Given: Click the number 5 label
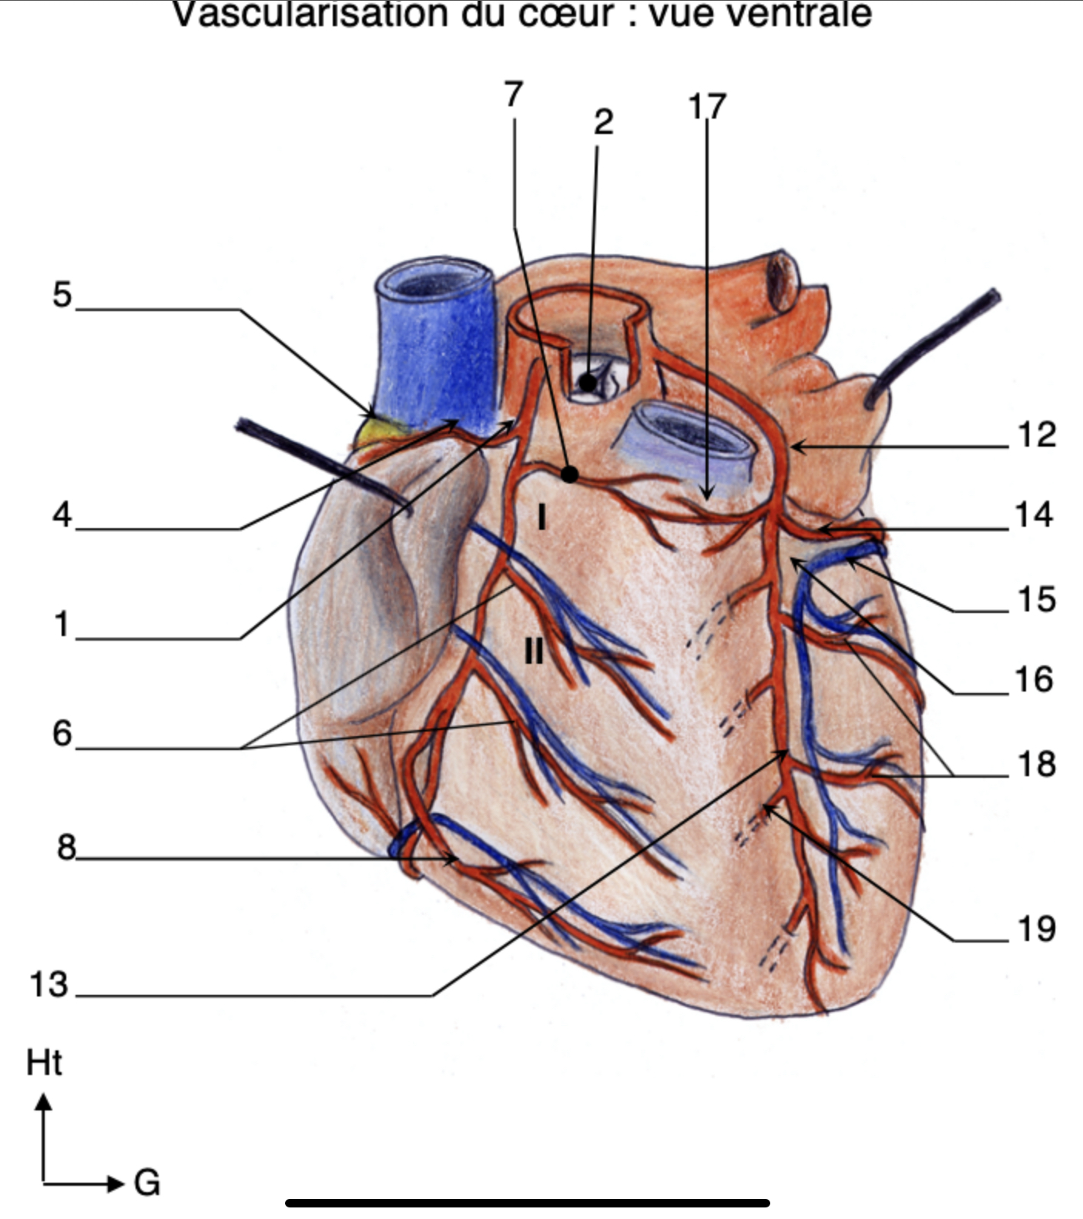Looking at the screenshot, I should point(62,295).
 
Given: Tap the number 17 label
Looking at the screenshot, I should point(706,107).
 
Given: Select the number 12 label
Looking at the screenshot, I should point(1036,435).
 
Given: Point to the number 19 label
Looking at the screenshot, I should point(1036,929).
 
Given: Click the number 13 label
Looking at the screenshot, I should point(49,985).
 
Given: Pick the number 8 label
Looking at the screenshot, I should point(66,848).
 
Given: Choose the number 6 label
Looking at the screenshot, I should point(62,733).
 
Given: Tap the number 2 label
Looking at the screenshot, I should point(603,122).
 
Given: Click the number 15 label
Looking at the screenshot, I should point(1036,600).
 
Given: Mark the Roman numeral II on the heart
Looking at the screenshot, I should point(533,651).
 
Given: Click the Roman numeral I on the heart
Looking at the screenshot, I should point(542,517).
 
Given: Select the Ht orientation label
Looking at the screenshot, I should point(44,1063).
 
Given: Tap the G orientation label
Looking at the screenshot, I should point(146,1182).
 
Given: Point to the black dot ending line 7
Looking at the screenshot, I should point(569,474).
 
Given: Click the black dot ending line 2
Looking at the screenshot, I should point(588,381).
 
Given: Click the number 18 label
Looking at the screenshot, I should point(1036,765).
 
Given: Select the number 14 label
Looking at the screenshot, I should point(1034,514).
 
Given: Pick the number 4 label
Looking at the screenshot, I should point(62,514).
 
